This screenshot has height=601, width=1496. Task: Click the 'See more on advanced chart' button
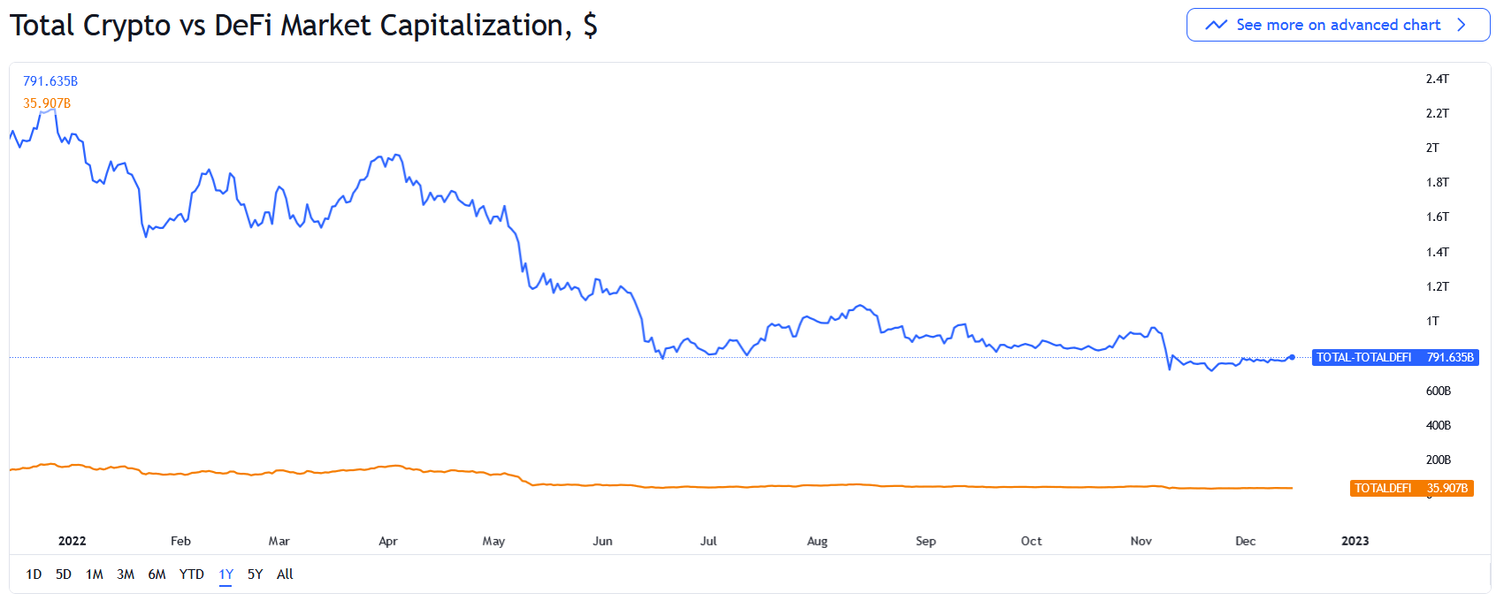click(x=1337, y=25)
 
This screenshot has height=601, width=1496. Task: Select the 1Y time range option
click(x=226, y=574)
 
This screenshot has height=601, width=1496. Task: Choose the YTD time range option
click(x=192, y=574)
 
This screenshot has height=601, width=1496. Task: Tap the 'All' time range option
click(x=285, y=574)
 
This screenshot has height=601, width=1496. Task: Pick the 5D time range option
click(x=64, y=574)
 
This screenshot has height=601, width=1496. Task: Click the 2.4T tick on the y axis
click(x=1437, y=79)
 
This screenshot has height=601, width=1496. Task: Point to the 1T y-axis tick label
click(x=1432, y=321)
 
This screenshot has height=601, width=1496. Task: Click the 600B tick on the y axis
click(x=1438, y=391)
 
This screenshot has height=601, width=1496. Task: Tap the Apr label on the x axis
click(x=388, y=541)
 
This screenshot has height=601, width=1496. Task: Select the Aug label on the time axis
click(x=817, y=541)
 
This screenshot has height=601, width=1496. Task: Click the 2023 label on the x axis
click(x=1355, y=541)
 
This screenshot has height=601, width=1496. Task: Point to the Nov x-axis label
click(x=1141, y=541)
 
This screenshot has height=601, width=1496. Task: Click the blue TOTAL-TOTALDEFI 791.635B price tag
click(x=1394, y=357)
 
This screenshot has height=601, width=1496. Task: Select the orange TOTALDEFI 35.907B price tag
click(x=1411, y=488)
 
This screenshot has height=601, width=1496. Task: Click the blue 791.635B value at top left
click(x=50, y=81)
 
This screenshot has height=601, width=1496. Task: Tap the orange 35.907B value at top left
click(x=47, y=103)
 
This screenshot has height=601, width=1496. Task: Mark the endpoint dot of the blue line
click(x=1293, y=357)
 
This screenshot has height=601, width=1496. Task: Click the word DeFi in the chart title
click(x=243, y=25)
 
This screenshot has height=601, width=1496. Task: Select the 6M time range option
click(x=156, y=574)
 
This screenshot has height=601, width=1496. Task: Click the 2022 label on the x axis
click(x=72, y=541)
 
